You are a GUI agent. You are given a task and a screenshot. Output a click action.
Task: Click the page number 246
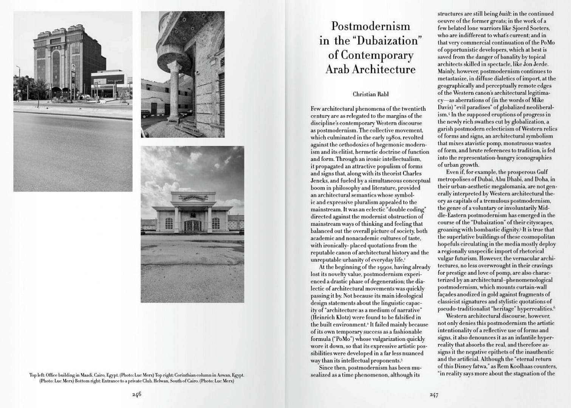click(136, 394)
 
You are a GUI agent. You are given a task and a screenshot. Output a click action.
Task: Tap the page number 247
click(434, 395)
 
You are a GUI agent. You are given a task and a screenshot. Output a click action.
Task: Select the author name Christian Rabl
click(370, 94)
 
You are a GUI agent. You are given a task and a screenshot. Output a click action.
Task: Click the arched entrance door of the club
click(192, 226)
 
